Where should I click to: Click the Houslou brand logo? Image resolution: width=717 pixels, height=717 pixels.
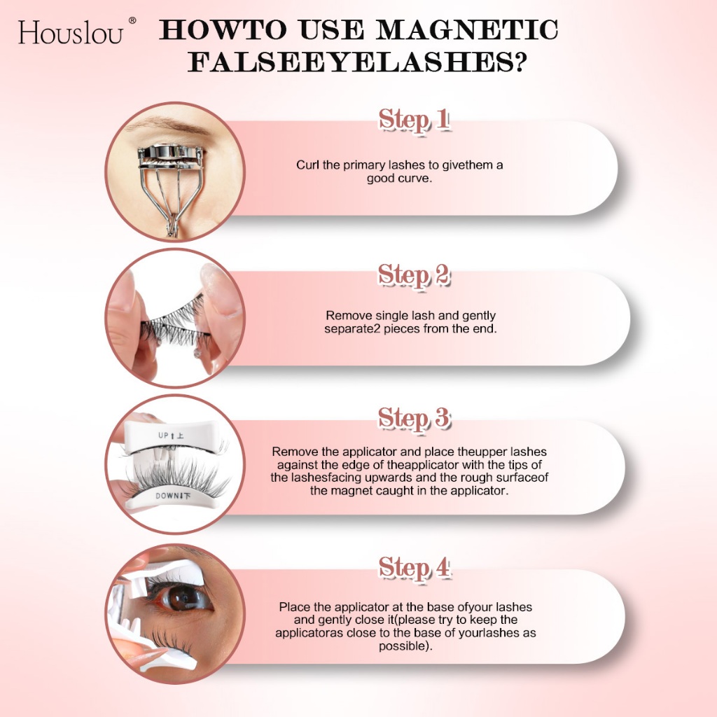coord(71,33)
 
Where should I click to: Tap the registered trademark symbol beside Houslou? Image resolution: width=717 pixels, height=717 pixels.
coord(132,20)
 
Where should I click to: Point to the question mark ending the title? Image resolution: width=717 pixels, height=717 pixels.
coord(518,62)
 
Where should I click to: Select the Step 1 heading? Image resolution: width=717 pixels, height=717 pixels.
coord(414,120)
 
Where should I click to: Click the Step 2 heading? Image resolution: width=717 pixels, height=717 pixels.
coord(414,275)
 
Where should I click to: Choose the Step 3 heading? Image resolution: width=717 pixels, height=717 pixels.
coord(414,418)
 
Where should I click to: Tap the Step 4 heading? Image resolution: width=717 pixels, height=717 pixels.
coord(414,568)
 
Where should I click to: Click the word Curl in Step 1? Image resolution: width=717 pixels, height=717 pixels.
coord(307,165)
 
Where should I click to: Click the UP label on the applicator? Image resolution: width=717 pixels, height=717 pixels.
coord(163,436)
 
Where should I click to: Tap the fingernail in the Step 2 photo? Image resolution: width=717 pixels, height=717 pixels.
coord(217,287)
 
